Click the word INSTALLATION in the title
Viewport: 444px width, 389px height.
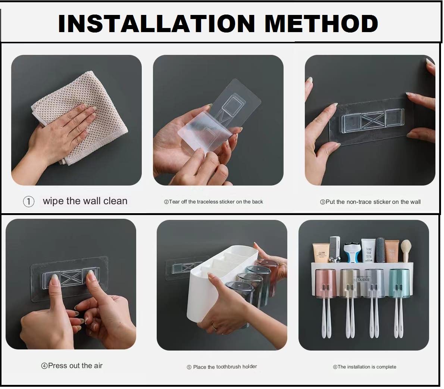[x=156, y=24]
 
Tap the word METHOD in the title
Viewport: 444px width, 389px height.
[x=321, y=24]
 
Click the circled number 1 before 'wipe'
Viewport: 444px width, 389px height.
[x=29, y=202]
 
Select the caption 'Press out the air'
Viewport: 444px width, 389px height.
[x=72, y=366]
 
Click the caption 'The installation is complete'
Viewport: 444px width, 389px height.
[x=365, y=367]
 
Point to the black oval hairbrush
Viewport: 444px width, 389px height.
[x=380, y=248]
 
